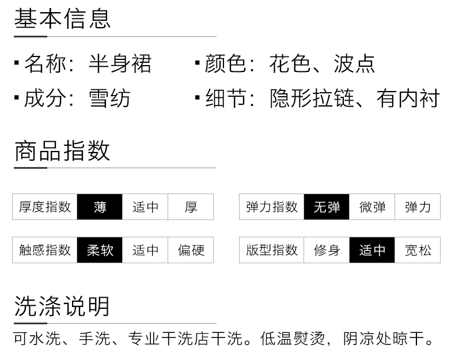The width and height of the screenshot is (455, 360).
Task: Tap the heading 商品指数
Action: (62, 150)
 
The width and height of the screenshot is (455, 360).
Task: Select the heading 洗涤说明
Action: (62, 306)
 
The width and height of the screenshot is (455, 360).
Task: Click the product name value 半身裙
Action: (120, 63)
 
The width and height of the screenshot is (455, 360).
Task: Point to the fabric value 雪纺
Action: (109, 98)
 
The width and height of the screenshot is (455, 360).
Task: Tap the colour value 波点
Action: (354, 63)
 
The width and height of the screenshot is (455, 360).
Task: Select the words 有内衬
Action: (408, 98)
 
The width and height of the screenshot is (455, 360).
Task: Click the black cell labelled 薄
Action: (100, 207)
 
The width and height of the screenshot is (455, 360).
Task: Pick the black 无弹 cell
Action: (327, 207)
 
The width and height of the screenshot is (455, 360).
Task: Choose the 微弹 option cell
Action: (372, 207)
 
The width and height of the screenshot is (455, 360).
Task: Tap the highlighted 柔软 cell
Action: (100, 250)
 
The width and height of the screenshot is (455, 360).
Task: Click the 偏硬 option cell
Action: (191, 250)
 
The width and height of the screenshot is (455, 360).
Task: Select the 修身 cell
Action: (327, 250)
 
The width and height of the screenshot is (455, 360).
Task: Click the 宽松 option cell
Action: (418, 250)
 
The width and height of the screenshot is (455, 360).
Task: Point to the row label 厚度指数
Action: (45, 207)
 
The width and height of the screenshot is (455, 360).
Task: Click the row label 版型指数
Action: (272, 250)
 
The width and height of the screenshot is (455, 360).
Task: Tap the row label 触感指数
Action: (45, 250)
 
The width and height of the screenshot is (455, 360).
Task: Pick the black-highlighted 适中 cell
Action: (372, 250)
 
